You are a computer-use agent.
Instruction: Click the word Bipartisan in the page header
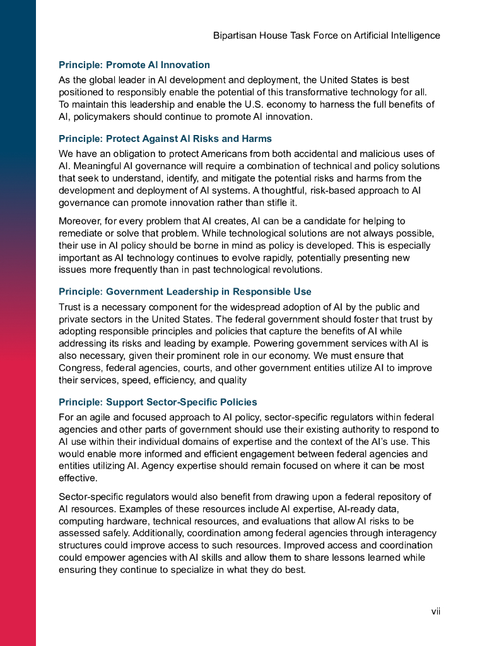coord(236,35)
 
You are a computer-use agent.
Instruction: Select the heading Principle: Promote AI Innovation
coord(134,65)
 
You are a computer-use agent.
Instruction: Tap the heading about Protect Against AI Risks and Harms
coord(165,138)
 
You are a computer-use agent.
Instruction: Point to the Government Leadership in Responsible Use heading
coord(185,291)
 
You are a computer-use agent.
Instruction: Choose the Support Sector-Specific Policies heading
coord(158,402)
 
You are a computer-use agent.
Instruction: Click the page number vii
coord(435,611)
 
